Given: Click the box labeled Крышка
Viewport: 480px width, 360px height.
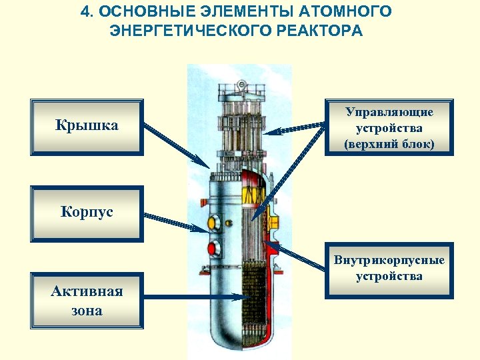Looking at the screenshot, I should (87, 127).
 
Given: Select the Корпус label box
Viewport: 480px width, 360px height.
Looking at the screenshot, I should (87, 213).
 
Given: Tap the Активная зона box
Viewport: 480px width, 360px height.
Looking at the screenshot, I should (87, 300).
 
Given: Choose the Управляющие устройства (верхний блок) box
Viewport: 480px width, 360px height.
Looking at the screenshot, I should (389, 127).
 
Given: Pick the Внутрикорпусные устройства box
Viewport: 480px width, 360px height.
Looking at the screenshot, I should (389, 268).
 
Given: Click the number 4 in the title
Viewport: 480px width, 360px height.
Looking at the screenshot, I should (84, 12).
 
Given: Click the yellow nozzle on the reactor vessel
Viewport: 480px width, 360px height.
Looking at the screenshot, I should (215, 222).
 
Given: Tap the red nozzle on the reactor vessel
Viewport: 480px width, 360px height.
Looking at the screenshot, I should (214, 249).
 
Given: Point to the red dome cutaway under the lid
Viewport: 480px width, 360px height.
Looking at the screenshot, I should (253, 179).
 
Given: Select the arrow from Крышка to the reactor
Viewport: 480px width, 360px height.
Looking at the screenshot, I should (175, 145).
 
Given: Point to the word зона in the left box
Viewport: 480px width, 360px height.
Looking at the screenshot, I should (87, 310).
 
